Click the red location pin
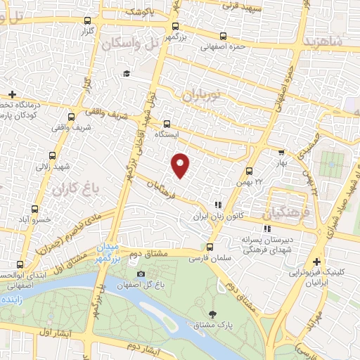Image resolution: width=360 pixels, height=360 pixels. tap(181, 166)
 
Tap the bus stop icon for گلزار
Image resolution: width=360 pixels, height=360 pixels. tap(87, 22)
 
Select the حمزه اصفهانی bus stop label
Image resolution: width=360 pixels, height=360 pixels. tap(223, 49)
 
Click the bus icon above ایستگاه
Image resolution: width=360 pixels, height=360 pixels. tap(167, 122)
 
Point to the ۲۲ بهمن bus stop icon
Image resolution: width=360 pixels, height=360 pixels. tap(249, 171)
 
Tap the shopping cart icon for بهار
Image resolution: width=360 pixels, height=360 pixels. tap(281, 152)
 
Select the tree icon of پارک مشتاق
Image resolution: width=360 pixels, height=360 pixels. tap(212, 314)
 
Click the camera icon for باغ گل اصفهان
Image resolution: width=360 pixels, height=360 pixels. tap(141, 274)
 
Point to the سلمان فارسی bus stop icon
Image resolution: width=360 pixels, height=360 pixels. tap(210, 247)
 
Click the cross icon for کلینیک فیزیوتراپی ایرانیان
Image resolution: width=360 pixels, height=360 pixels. tap(316, 260)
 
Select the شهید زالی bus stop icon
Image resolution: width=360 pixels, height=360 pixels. tap(53, 156)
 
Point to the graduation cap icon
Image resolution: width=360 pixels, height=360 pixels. tap(127, 73)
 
